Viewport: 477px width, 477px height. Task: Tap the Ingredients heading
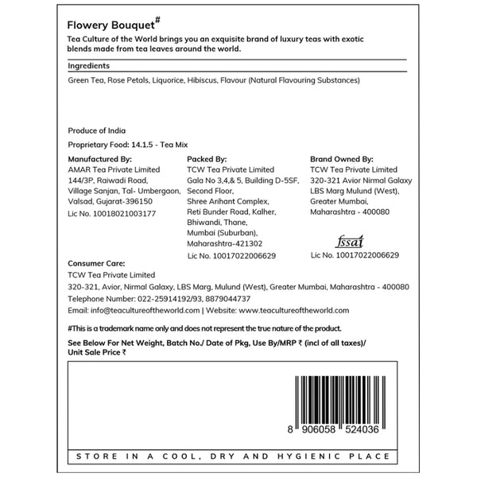(89, 65)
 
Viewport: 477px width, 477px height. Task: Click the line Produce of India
(97, 130)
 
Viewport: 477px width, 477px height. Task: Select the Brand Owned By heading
(341, 158)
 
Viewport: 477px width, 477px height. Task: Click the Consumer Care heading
(99, 262)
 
